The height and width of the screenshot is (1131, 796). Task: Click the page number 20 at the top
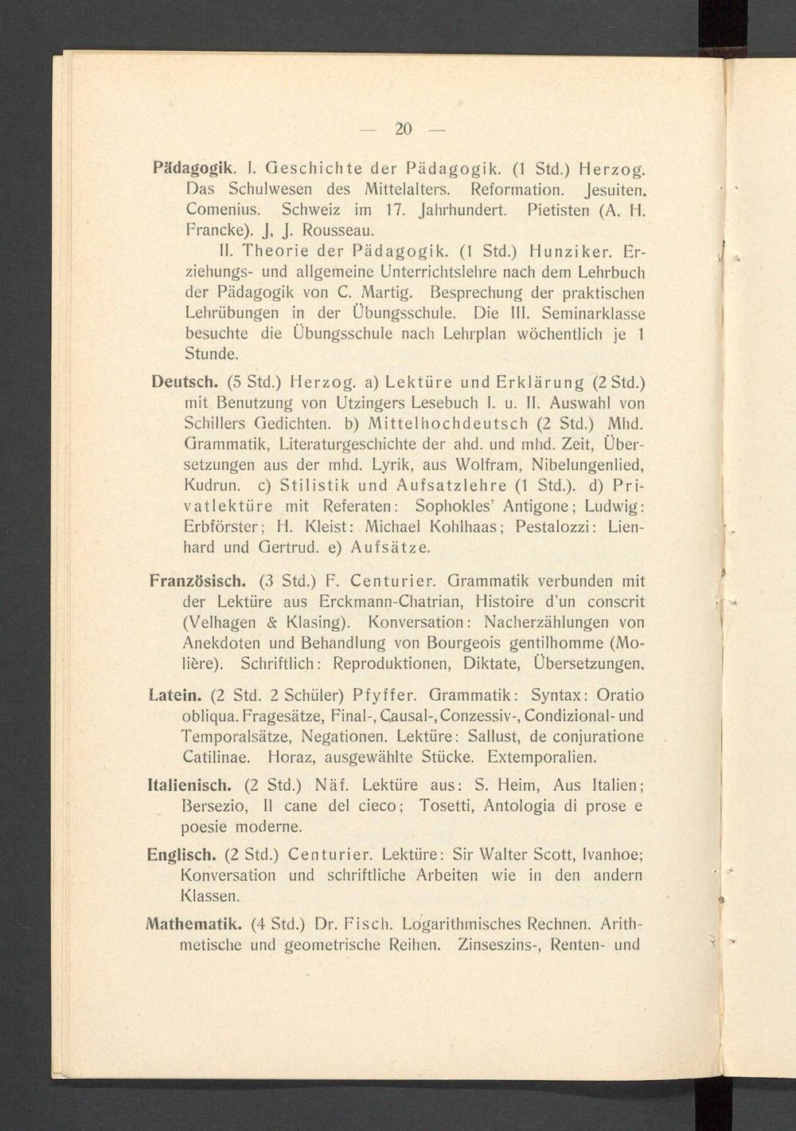pyautogui.click(x=403, y=129)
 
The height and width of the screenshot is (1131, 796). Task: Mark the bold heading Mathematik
pyautogui.click(x=193, y=925)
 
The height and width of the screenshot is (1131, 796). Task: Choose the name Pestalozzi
pyautogui.click(x=557, y=527)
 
